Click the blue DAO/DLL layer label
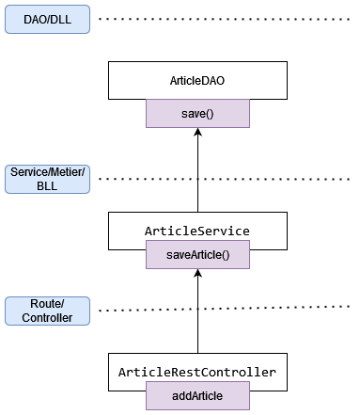point(47,19)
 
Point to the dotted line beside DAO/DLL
point(226,19)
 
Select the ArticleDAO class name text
point(197,82)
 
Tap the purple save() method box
point(197,114)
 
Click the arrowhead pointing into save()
point(197,133)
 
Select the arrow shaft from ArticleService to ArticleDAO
point(197,174)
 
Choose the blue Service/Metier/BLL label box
point(47,179)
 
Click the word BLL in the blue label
point(47,186)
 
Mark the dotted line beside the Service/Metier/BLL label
point(226,178)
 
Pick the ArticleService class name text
point(197,230)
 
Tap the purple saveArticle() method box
point(197,254)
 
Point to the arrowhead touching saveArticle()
point(197,273)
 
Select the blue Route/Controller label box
point(47,311)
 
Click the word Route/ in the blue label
point(47,304)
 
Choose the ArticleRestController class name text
point(197,373)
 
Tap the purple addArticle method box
point(197,397)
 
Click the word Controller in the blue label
point(47,318)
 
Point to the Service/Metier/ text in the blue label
point(47,172)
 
